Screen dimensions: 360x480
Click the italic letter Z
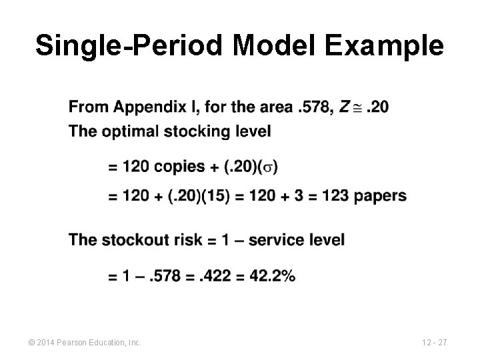tap(345, 106)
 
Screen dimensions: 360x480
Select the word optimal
tap(129, 131)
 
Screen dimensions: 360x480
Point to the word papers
tap(381, 196)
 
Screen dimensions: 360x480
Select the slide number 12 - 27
tap(434, 343)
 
